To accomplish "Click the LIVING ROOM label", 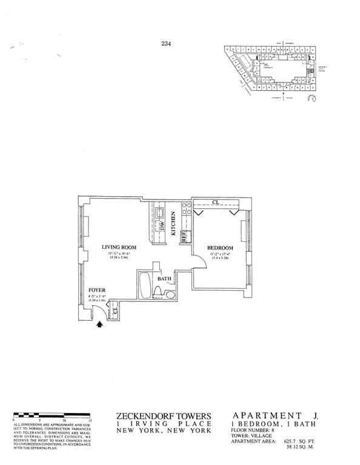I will tap(119, 247).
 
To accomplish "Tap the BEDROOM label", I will tap(220, 248).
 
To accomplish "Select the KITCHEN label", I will tap(173, 223).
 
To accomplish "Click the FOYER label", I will tap(97, 291).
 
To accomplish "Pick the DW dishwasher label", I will tap(162, 226).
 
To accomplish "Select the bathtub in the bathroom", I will tap(146, 289).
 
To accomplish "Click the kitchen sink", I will tap(161, 213).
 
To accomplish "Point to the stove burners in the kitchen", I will tap(185, 213).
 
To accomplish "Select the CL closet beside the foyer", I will tap(114, 311).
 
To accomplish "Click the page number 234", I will tap(167, 42).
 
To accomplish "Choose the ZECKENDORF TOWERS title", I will tap(164, 415).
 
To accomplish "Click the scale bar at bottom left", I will tap(51, 415).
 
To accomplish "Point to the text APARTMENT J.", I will tap(267, 415).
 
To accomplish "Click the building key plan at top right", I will tap(270, 70).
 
